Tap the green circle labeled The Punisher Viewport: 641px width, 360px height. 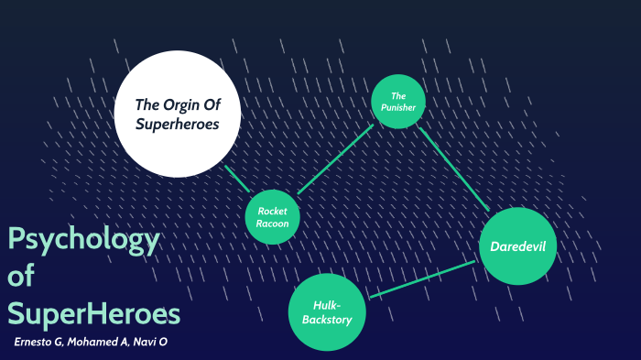coord(398,101)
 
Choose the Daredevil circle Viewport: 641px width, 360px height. coord(517,246)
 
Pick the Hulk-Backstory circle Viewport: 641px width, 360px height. coord(327,311)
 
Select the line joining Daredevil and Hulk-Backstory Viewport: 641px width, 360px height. coord(421,279)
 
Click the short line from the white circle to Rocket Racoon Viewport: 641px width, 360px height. coord(236,179)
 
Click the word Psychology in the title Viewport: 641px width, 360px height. coord(83,242)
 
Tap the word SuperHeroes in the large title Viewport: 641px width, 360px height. coord(93,313)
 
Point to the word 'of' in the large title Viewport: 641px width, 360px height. coord(21,278)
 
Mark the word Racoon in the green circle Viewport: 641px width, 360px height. coord(273,223)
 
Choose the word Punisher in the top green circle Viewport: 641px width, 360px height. coord(398,107)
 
